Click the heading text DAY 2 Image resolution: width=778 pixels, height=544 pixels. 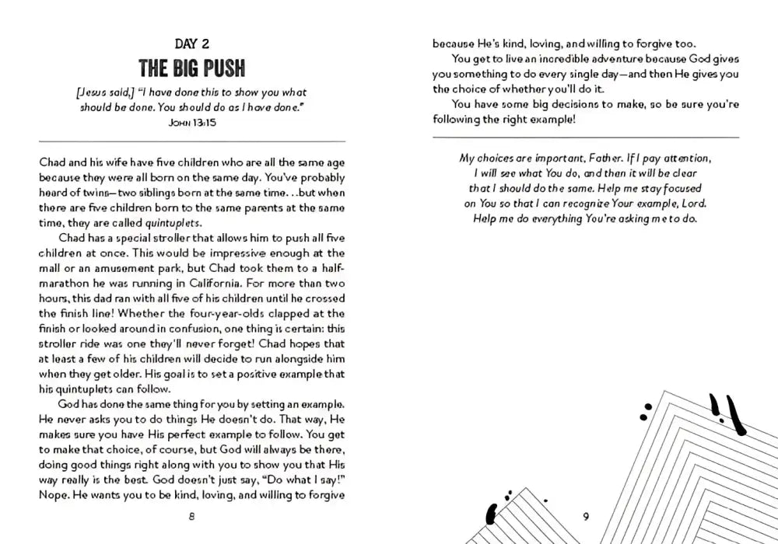(x=193, y=44)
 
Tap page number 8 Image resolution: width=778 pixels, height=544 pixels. (x=192, y=517)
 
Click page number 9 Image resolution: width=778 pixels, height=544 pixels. (x=587, y=517)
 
